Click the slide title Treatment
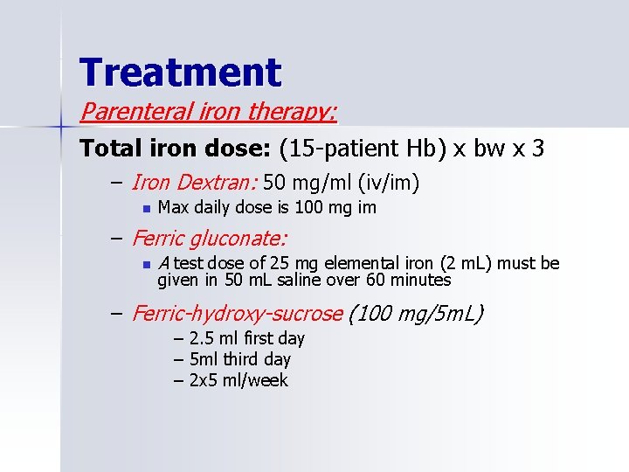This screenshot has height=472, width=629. (x=180, y=72)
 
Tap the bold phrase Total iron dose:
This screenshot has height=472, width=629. (x=162, y=149)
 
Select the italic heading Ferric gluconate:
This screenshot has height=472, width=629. (x=210, y=238)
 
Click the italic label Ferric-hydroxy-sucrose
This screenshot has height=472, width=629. (x=237, y=313)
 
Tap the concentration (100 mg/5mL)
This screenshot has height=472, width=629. (x=416, y=313)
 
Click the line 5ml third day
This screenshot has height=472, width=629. (x=232, y=359)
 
